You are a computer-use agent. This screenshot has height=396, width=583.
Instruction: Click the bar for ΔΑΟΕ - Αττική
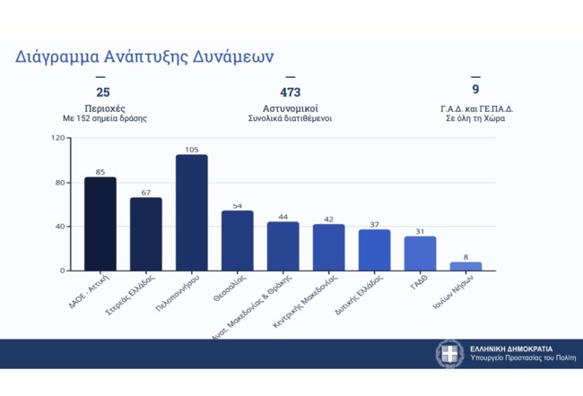click(x=100, y=224)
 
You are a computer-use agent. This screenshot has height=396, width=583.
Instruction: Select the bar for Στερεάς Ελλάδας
click(x=145, y=234)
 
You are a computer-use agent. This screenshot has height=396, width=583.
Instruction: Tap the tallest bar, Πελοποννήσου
click(x=191, y=213)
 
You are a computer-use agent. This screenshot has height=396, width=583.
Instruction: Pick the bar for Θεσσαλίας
click(x=237, y=241)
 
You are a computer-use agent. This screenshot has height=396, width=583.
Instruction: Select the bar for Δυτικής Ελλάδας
click(x=374, y=250)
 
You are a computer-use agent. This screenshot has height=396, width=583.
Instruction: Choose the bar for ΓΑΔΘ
click(x=420, y=254)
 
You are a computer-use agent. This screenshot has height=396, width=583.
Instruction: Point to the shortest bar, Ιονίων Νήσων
click(x=466, y=266)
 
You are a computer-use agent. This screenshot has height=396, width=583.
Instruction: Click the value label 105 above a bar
click(x=191, y=150)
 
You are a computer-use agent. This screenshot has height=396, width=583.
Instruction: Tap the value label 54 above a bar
click(x=237, y=206)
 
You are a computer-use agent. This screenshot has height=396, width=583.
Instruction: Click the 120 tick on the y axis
click(x=58, y=139)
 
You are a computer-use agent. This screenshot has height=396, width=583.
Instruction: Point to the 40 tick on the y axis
click(x=61, y=227)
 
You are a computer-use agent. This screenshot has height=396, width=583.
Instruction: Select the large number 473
click(x=290, y=92)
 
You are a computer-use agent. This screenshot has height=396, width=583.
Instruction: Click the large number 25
click(x=102, y=92)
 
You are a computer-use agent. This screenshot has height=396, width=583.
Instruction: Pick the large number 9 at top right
click(x=475, y=90)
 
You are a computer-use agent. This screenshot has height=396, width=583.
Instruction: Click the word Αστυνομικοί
click(x=290, y=108)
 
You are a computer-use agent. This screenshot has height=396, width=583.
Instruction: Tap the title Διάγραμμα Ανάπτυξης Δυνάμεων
click(x=144, y=56)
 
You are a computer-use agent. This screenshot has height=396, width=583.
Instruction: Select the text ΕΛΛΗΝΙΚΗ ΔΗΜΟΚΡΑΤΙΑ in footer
click(x=511, y=348)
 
